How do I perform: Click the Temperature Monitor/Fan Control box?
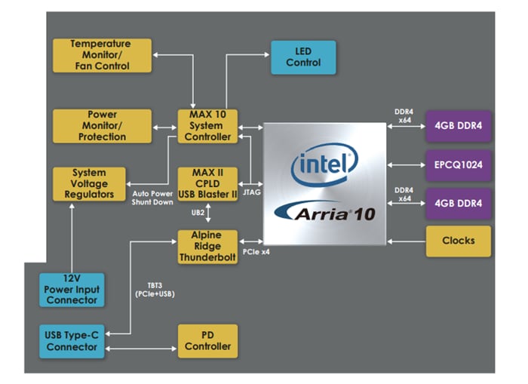pyautogui.click(x=102, y=55)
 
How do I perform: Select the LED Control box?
pyautogui.click(x=303, y=57)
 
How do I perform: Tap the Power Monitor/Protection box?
pyautogui.click(x=102, y=126)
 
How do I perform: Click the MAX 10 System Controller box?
pyautogui.click(x=207, y=126)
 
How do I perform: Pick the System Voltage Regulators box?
pyautogui.click(x=89, y=184)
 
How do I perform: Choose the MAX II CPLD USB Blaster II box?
pyautogui.click(x=207, y=184)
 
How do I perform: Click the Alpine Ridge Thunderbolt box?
pyautogui.click(x=207, y=246)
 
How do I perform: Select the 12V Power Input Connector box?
pyautogui.click(x=71, y=289)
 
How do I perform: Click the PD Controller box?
pyautogui.click(x=207, y=341)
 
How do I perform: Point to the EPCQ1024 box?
pyautogui.click(x=459, y=163)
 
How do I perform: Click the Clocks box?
pyautogui.click(x=459, y=241)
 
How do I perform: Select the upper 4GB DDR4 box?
pyautogui.click(x=459, y=125)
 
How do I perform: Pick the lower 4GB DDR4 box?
pyautogui.click(x=459, y=203)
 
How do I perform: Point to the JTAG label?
pyautogui.click(x=251, y=192)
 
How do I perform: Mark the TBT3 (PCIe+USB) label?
pyautogui.click(x=154, y=289)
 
